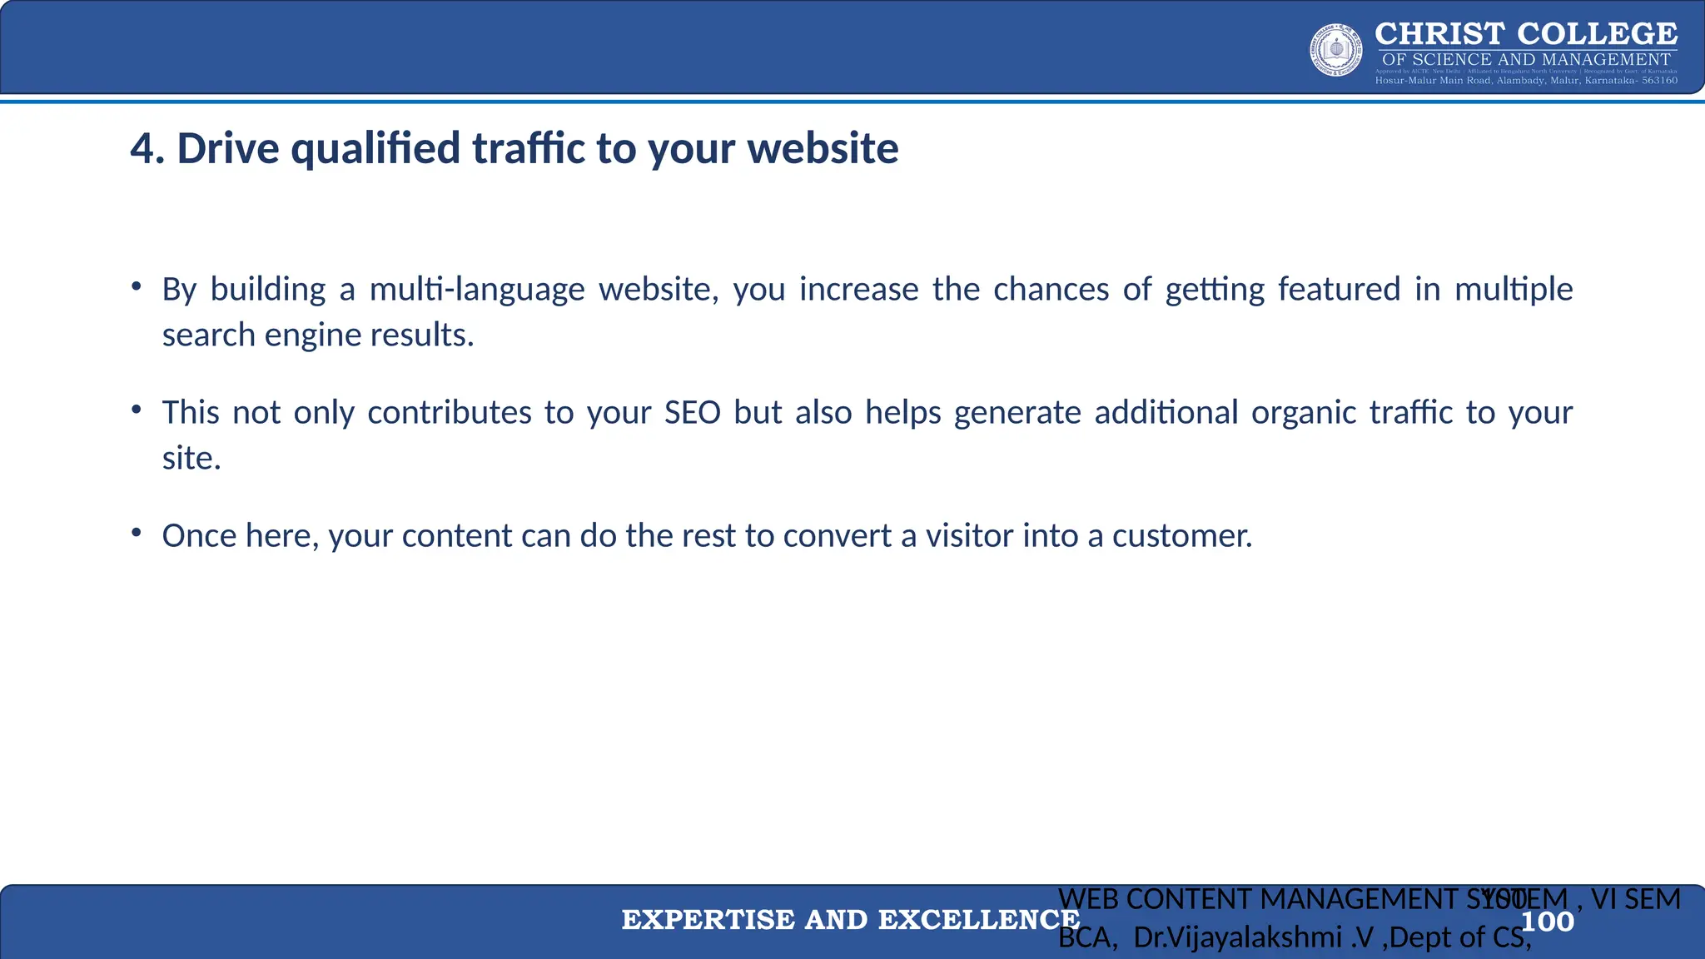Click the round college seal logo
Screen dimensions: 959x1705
click(1336, 50)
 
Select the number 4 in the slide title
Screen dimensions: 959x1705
click(142, 149)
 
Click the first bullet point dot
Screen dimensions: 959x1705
click(136, 286)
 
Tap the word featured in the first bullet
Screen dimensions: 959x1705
click(1339, 290)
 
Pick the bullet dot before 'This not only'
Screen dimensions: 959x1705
click(136, 410)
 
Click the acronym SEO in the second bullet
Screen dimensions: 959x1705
click(692, 413)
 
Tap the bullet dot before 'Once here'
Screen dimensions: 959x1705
click(136, 533)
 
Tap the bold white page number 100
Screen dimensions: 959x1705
click(1547, 922)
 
